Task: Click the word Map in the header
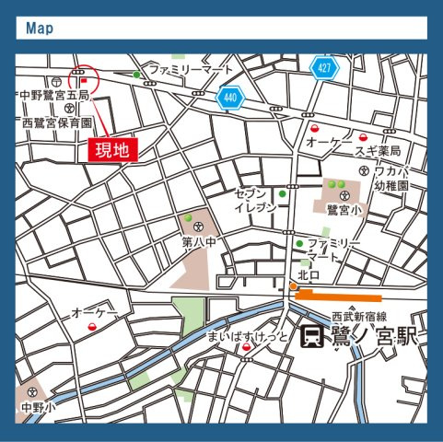(40, 29)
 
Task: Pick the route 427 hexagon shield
(323, 68)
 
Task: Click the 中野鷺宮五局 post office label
(54, 95)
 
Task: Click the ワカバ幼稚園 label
(396, 177)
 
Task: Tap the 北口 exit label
(308, 274)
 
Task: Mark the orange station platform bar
(338, 297)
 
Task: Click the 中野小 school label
(39, 405)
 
